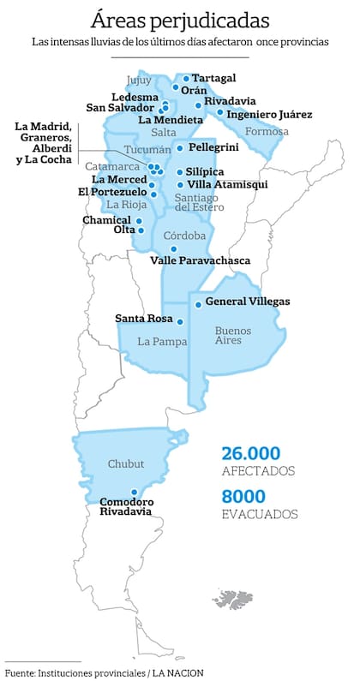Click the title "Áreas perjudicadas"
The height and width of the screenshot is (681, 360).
[x=179, y=18]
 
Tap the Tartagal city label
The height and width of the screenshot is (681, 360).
[x=213, y=77]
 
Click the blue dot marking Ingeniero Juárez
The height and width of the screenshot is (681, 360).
[x=219, y=112]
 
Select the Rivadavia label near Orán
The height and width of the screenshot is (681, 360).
[x=229, y=101]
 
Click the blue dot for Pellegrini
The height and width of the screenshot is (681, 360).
[x=179, y=148]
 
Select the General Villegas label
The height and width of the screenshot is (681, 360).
[x=248, y=301]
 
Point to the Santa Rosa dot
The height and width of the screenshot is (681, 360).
[x=180, y=321]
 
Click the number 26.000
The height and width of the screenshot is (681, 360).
[x=251, y=453]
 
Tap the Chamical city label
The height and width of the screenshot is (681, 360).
[x=106, y=219]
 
